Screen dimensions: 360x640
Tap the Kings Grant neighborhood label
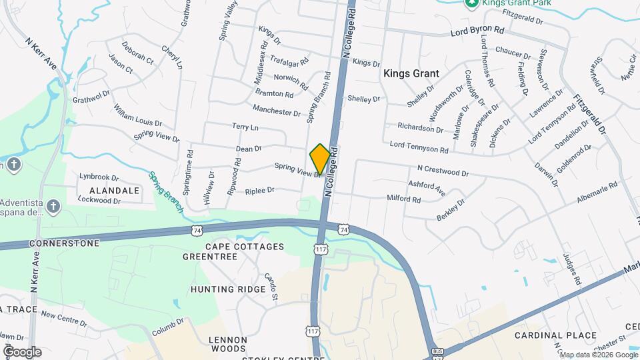point(411,73)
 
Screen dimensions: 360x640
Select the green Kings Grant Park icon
point(471,3)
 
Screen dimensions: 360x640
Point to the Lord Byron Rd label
point(477,31)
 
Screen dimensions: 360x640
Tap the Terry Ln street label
point(245,127)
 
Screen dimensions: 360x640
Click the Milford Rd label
point(404,199)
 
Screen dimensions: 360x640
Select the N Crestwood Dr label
point(443,172)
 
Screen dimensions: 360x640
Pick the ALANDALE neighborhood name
point(119,190)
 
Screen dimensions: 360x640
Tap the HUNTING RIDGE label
point(228,289)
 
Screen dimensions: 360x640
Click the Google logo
point(21,351)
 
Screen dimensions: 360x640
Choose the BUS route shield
point(437,351)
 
